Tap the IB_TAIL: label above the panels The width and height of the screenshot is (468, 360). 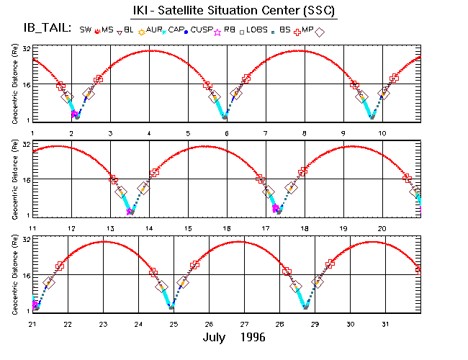point(46,29)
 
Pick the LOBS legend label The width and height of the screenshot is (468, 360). point(256,30)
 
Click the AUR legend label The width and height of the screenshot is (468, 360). point(155,30)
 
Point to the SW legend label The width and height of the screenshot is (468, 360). point(86,30)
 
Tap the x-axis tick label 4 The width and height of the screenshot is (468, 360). point(149,133)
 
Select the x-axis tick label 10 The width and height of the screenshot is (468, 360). point(382,133)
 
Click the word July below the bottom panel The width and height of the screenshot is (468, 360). point(217,337)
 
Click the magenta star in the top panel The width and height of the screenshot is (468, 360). point(74,114)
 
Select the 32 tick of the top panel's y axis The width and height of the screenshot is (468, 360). point(25,49)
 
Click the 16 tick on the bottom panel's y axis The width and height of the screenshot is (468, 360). point(25,275)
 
